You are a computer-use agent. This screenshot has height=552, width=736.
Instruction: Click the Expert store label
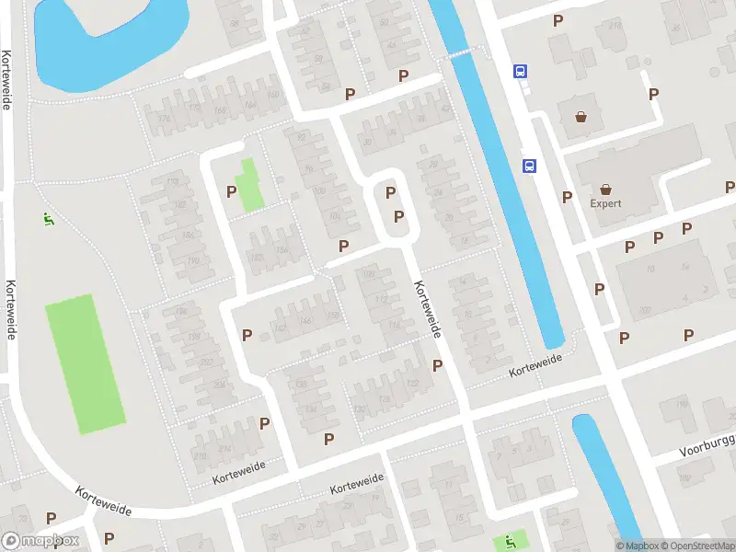tap(606, 203)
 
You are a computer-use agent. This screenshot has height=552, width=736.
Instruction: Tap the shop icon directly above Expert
tap(581, 117)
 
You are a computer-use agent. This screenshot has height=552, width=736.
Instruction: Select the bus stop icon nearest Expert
tap(530, 166)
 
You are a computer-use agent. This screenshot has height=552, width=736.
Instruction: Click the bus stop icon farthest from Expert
tap(520, 71)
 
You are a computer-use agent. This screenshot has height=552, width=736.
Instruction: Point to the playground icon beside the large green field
tap(48, 219)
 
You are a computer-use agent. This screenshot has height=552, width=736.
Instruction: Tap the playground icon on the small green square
tap(505, 541)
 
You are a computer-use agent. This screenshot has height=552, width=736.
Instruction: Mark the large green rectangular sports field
tap(85, 364)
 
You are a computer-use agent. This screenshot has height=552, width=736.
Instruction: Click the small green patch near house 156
tap(248, 185)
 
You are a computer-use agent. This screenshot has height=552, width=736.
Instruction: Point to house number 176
tap(164, 118)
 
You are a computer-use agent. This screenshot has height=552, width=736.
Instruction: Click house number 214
tap(224, 448)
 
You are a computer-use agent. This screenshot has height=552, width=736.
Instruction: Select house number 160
tap(272, 94)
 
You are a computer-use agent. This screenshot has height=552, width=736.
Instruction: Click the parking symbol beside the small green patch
tap(231, 190)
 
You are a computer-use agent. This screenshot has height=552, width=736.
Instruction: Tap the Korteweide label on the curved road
tap(103, 501)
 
